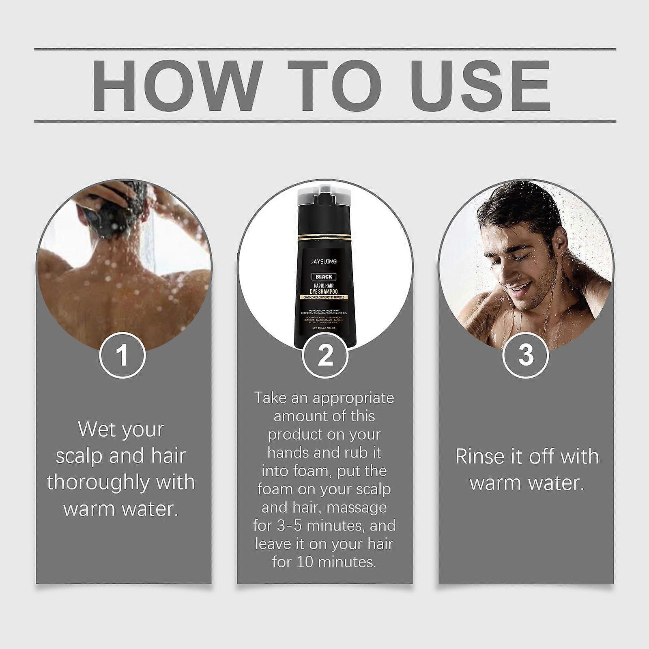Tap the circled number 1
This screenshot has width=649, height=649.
122,355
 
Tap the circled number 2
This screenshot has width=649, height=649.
325,355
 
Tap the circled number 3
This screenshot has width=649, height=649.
526,355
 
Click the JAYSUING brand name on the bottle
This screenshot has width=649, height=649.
324,262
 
